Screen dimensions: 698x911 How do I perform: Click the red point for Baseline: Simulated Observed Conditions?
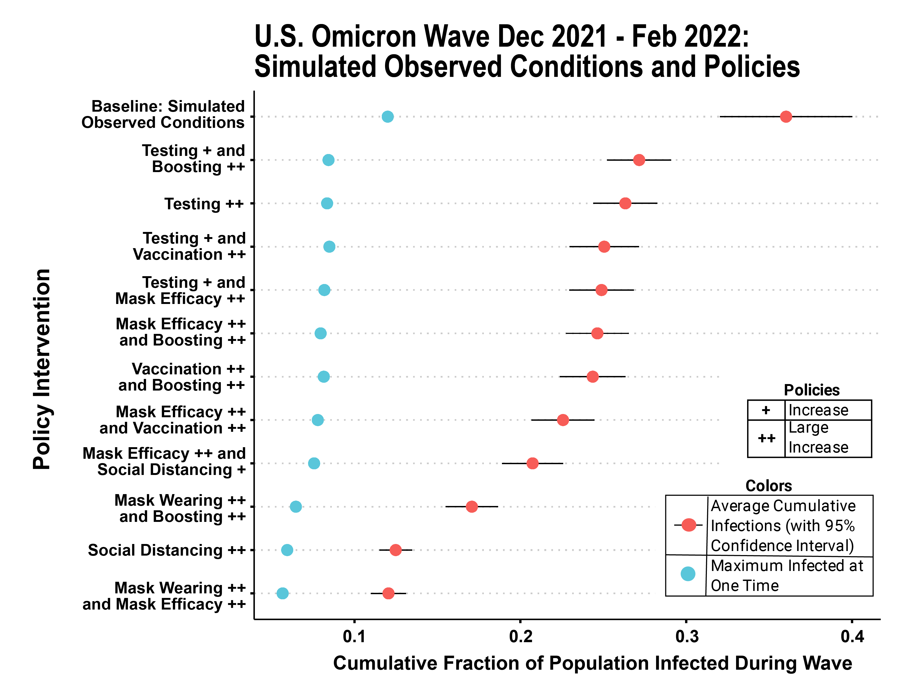(x=785, y=117)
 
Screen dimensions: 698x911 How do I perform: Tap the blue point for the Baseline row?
(x=387, y=117)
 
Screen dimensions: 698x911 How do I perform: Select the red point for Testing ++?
(x=625, y=203)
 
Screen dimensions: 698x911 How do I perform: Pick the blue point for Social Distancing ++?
(x=287, y=550)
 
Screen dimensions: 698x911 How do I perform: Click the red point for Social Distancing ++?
(x=395, y=550)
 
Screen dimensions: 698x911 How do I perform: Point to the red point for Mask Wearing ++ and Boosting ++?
(x=471, y=507)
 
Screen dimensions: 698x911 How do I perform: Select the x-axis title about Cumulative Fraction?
(x=592, y=663)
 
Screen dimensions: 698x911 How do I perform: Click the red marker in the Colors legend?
(x=689, y=525)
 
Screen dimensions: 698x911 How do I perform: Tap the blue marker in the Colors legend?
(x=688, y=574)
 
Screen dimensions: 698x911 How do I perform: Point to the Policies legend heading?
(x=811, y=390)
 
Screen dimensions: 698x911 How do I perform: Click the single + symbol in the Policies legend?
(x=766, y=410)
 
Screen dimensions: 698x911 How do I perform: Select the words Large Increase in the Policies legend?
(x=818, y=437)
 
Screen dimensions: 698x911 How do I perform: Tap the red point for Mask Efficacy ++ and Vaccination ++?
(x=562, y=420)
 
